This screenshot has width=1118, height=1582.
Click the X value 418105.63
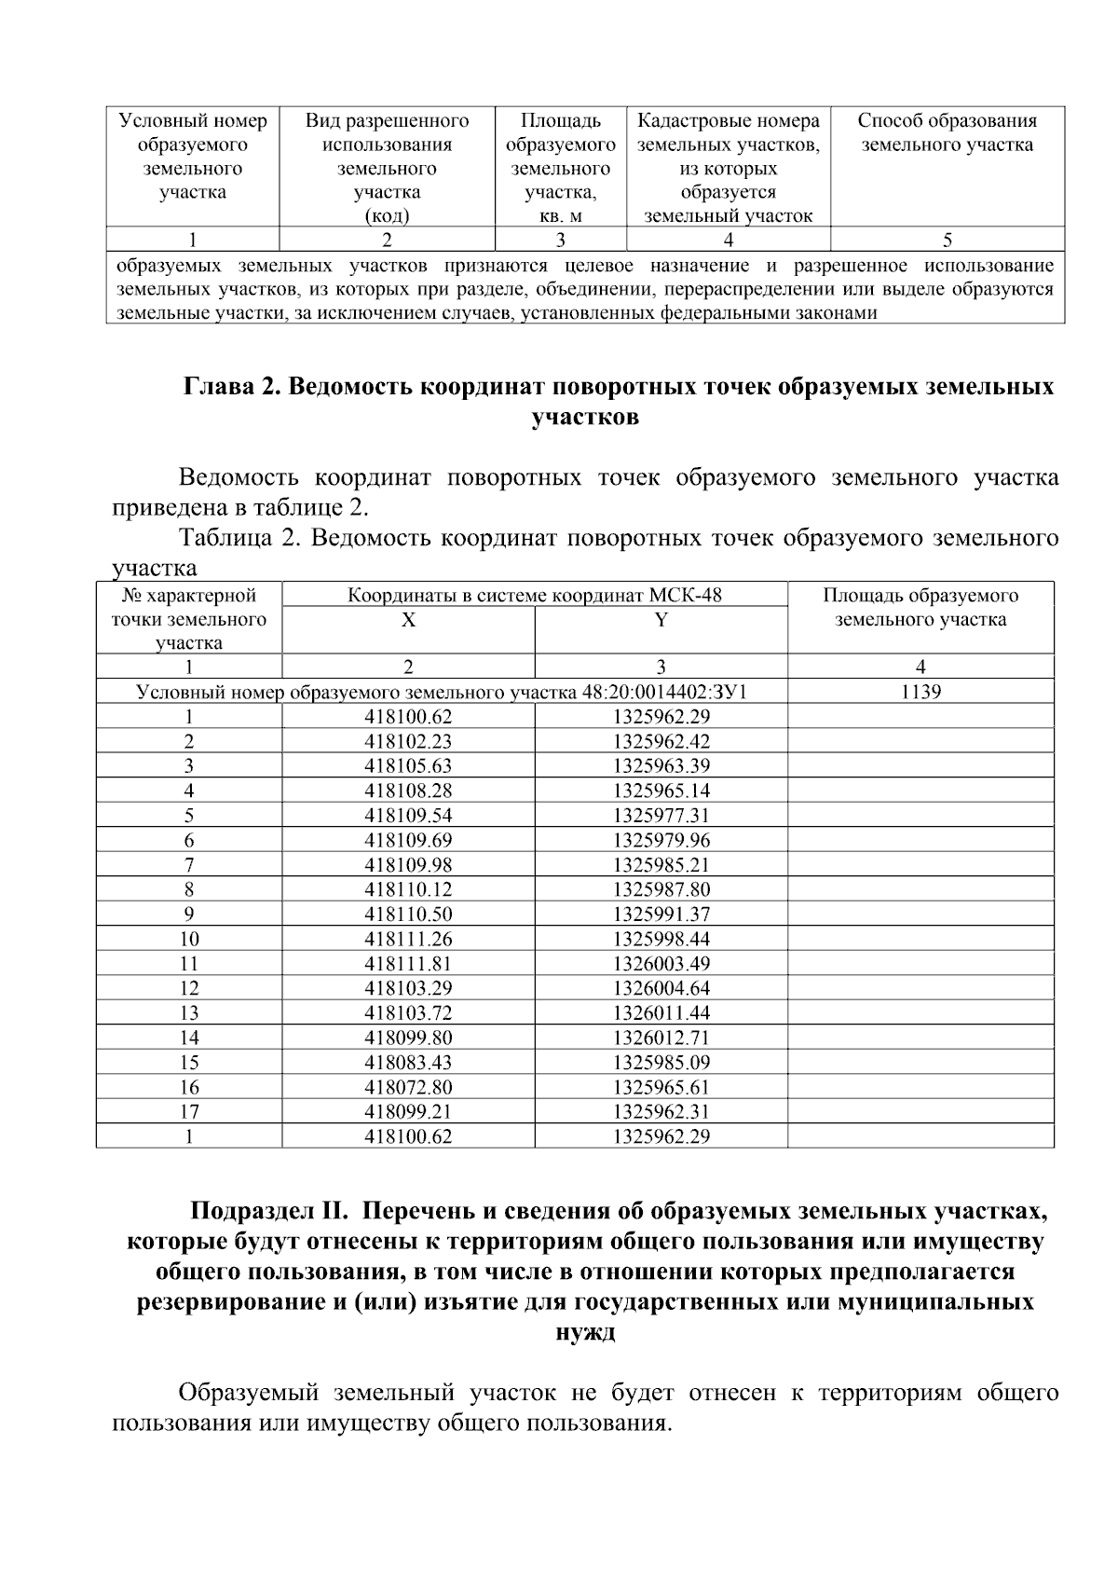pyautogui.click(x=408, y=766)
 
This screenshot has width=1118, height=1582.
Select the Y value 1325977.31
pyautogui.click(x=661, y=816)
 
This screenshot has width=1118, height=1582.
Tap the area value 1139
pyautogui.click(x=920, y=692)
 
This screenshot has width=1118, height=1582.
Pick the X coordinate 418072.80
pyautogui.click(x=408, y=1087)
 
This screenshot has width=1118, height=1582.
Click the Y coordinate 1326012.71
pyautogui.click(x=661, y=1038)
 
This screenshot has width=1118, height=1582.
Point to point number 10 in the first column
pyautogui.click(x=189, y=939)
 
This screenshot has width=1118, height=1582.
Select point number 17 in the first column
pyautogui.click(x=189, y=1111)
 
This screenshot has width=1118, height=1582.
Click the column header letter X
pyautogui.click(x=408, y=620)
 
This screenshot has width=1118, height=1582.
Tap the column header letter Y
pyautogui.click(x=661, y=620)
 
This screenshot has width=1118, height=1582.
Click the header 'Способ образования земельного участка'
pyautogui.click(x=947, y=133)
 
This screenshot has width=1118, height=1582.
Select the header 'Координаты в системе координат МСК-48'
pyautogui.click(x=535, y=596)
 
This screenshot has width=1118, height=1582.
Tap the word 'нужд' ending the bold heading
pyautogui.click(x=585, y=1332)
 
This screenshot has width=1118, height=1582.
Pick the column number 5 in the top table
pyautogui.click(x=947, y=240)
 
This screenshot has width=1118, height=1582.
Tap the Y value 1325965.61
pyautogui.click(x=661, y=1087)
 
